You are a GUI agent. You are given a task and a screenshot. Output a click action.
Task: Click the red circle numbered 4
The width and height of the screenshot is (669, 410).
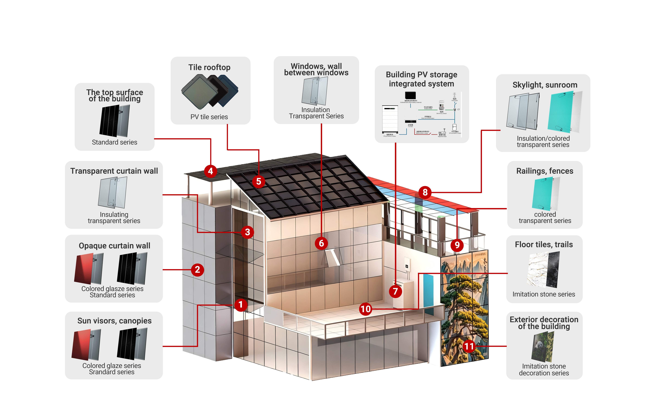[210, 171]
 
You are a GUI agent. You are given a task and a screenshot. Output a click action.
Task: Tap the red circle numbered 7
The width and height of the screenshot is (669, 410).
[395, 291]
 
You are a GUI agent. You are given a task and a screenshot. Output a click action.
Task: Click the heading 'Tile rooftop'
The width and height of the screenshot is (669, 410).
[209, 67]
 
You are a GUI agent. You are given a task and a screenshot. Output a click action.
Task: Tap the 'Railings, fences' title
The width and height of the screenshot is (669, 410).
[545, 171]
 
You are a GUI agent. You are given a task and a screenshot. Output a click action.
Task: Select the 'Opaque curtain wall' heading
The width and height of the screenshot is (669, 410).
[114, 246]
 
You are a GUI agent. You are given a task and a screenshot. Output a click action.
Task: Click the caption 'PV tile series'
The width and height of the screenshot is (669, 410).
[209, 117]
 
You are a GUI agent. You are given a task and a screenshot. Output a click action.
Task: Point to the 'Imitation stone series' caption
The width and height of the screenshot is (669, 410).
[544, 294]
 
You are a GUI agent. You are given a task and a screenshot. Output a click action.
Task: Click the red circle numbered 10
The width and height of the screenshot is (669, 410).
[365, 309]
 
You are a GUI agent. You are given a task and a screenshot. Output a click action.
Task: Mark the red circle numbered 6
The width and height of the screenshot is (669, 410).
[321, 243]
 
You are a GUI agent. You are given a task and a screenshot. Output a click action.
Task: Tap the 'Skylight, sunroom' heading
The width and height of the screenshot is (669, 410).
[545, 85]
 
